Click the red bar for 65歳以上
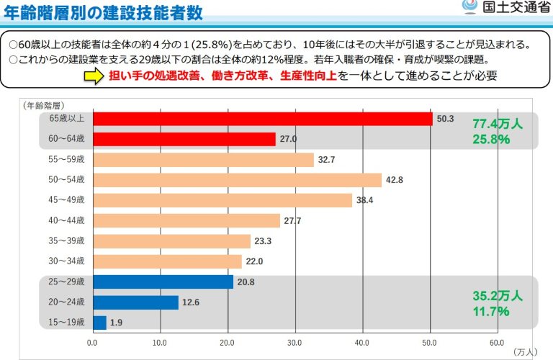[x=262, y=120]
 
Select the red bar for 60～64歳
[x=184, y=140]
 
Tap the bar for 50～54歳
[x=237, y=180]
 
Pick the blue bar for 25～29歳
[x=163, y=281]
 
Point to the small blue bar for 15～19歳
[x=99, y=323]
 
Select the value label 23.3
[x=263, y=241]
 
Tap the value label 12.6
[x=191, y=302]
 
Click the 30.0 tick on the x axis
[x=295, y=343]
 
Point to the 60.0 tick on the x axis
[x=497, y=343]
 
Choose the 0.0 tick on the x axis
[x=92, y=343]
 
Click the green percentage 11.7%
[x=491, y=311]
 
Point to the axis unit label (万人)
[x=525, y=352]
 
